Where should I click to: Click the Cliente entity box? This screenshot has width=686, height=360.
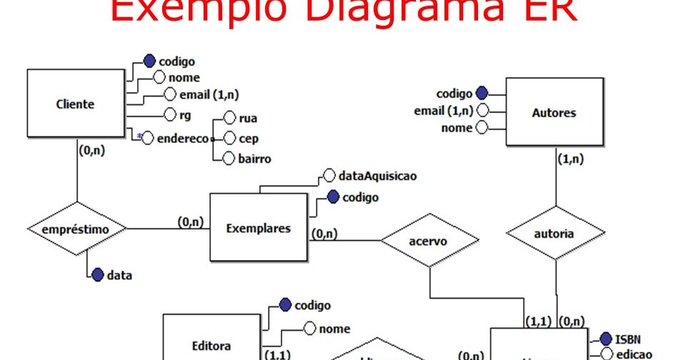pos(75,104)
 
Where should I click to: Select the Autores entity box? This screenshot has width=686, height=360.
pos(554,113)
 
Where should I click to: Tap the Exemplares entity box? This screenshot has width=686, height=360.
pos(258,229)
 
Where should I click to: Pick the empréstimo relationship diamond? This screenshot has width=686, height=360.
pos(76,229)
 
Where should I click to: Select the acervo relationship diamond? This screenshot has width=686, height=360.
pos(429,241)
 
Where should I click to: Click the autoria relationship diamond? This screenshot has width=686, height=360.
pos(554,233)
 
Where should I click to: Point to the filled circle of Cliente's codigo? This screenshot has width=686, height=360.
pos(149,61)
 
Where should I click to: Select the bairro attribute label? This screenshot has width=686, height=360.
pos(254,159)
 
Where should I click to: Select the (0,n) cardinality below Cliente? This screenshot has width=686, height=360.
pos(90,151)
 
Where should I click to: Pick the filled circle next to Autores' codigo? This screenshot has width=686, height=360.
pos(481,93)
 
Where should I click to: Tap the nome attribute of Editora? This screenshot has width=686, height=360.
pos(334,329)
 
